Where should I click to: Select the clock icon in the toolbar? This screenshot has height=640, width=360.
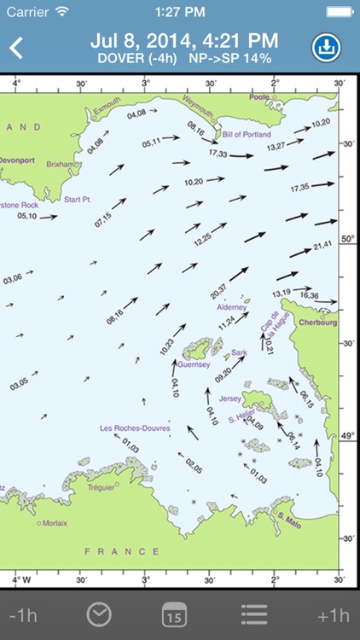pyautogui.click(x=100, y=614)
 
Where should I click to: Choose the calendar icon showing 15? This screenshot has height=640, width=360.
pyautogui.click(x=174, y=614)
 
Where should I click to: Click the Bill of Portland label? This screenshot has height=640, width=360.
pyautogui.click(x=247, y=135)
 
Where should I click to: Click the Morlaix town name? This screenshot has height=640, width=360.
pyautogui.click(x=55, y=523)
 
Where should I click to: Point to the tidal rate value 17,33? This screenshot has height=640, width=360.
pyautogui.click(x=218, y=154)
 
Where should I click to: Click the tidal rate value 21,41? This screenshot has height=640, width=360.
pyautogui.click(x=322, y=246)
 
